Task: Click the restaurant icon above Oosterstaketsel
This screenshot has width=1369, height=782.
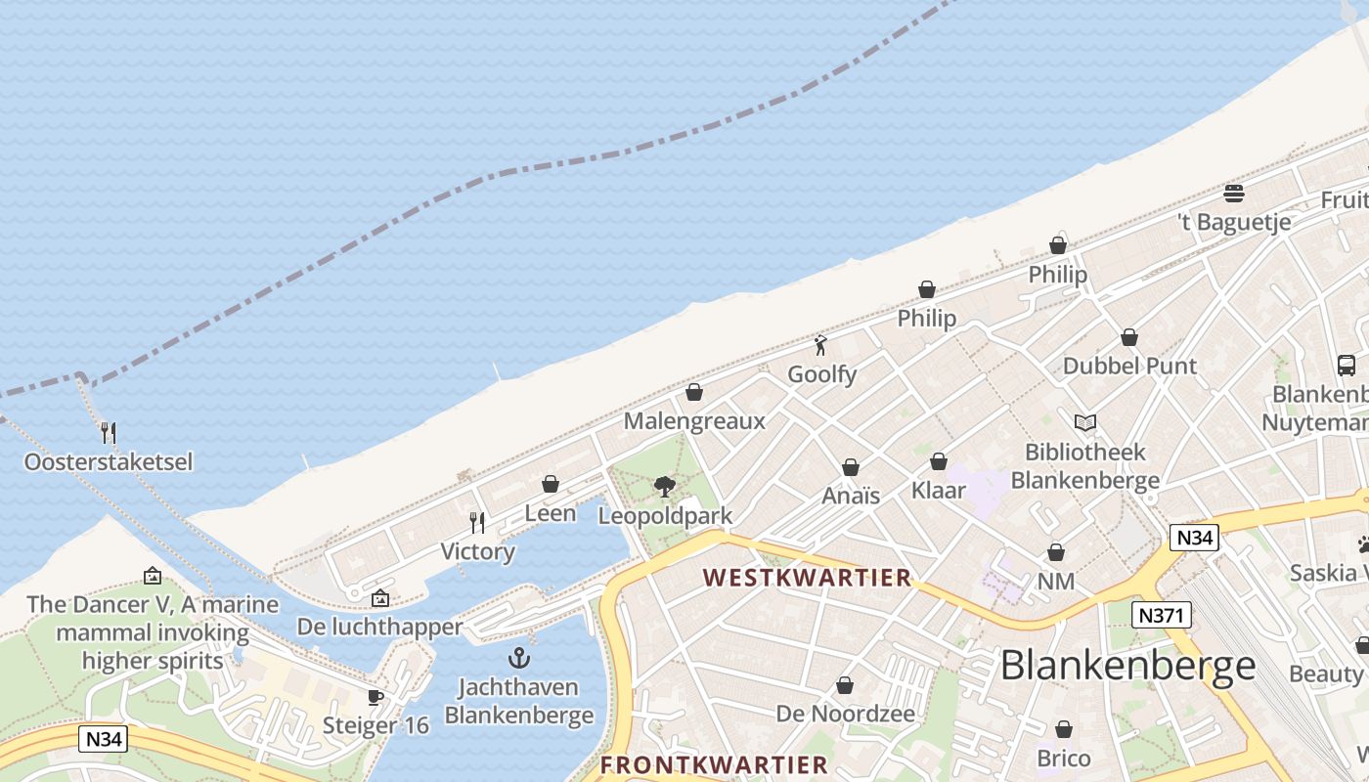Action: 109,432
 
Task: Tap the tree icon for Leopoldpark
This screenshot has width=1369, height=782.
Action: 665,486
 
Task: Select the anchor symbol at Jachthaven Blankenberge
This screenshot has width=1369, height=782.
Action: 519,658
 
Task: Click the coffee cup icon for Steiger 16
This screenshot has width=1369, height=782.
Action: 375,697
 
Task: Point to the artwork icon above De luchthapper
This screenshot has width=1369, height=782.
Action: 380,598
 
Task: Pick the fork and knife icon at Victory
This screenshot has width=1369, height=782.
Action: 477,523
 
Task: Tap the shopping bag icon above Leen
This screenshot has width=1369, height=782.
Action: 551,484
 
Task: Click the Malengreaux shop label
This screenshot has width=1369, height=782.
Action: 694,421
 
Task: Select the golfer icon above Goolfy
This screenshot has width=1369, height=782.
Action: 821,345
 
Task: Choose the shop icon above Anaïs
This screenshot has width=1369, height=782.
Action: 851,467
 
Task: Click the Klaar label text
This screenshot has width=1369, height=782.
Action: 939,490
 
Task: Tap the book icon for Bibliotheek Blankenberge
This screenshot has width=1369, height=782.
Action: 1084,422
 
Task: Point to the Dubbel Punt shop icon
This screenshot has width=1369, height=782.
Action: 1129,337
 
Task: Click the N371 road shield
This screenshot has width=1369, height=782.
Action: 1162,615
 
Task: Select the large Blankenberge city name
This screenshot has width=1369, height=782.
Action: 1127,665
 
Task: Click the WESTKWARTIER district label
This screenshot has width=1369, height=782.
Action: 807,578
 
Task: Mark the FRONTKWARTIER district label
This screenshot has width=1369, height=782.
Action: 714,764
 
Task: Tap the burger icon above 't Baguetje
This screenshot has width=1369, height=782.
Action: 1234,193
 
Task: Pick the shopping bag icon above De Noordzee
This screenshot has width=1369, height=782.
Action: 845,685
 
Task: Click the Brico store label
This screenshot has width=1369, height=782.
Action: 1064,759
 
